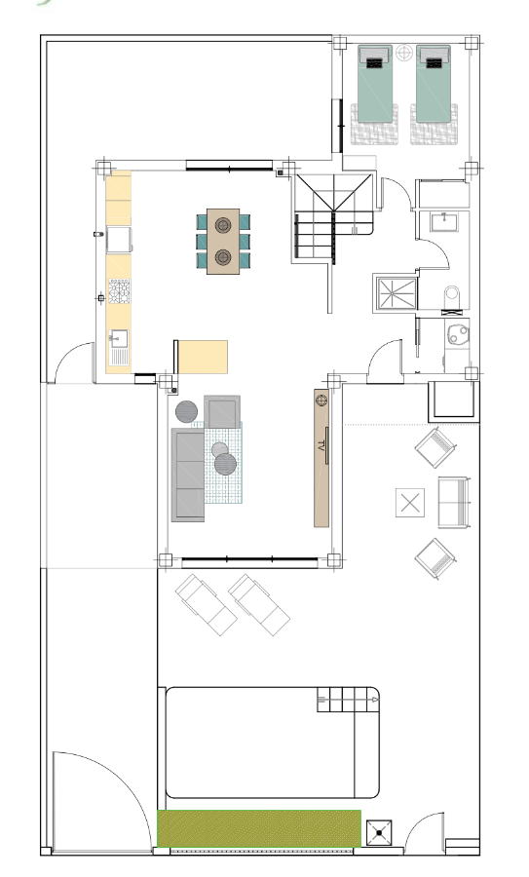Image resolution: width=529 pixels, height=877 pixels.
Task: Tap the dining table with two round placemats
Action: click(x=223, y=241)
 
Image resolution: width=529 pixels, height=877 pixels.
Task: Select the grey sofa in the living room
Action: click(x=188, y=475)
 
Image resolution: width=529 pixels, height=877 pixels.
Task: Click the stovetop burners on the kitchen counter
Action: click(x=119, y=290)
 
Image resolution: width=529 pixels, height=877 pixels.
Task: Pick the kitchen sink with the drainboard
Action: click(x=119, y=347)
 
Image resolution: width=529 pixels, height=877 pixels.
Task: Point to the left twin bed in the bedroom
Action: click(x=375, y=84)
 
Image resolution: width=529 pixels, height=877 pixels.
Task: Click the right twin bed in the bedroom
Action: click(x=434, y=84)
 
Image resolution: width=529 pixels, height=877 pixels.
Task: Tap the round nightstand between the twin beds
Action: click(x=404, y=54)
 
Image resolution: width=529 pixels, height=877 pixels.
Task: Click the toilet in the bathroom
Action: click(x=451, y=297)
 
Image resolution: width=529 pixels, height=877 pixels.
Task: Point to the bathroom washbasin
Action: click(x=444, y=221)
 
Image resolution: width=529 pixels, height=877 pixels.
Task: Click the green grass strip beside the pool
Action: click(x=259, y=828)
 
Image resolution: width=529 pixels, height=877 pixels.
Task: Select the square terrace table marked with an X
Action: click(x=410, y=502)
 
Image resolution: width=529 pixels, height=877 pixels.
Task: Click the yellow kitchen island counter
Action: click(x=203, y=357)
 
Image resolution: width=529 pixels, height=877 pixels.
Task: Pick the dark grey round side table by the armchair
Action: click(x=187, y=411)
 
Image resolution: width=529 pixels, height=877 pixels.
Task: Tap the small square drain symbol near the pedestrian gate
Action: click(x=379, y=833)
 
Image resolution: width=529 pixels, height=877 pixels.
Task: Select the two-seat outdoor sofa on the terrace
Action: click(x=454, y=502)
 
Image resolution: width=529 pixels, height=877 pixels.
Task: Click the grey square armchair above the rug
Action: click(x=222, y=412)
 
